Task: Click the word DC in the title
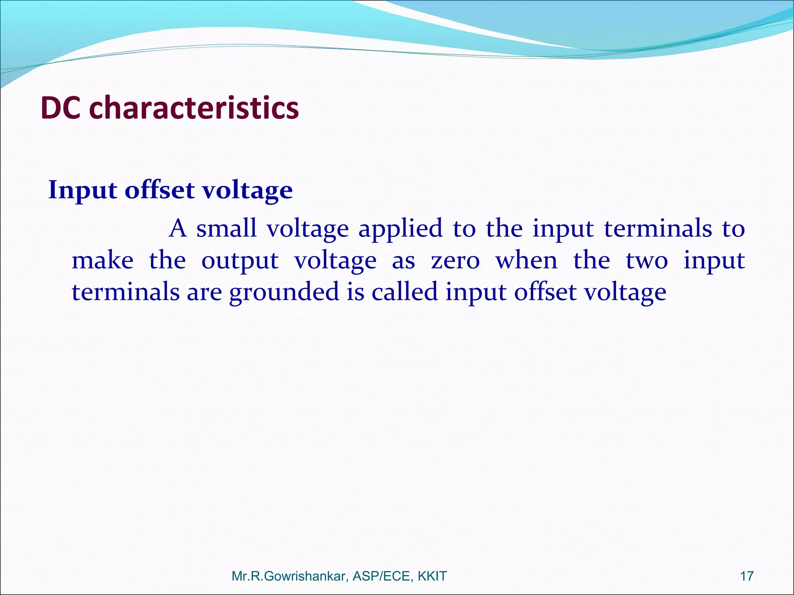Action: [60, 108]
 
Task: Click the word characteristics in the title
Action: [194, 108]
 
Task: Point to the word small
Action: [226, 228]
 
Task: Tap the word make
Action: [102, 260]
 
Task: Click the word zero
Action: [456, 261]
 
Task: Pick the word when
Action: [526, 260]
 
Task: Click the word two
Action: [647, 261]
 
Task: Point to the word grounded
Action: [284, 292]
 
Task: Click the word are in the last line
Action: [204, 293]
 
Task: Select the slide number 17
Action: [747, 576]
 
